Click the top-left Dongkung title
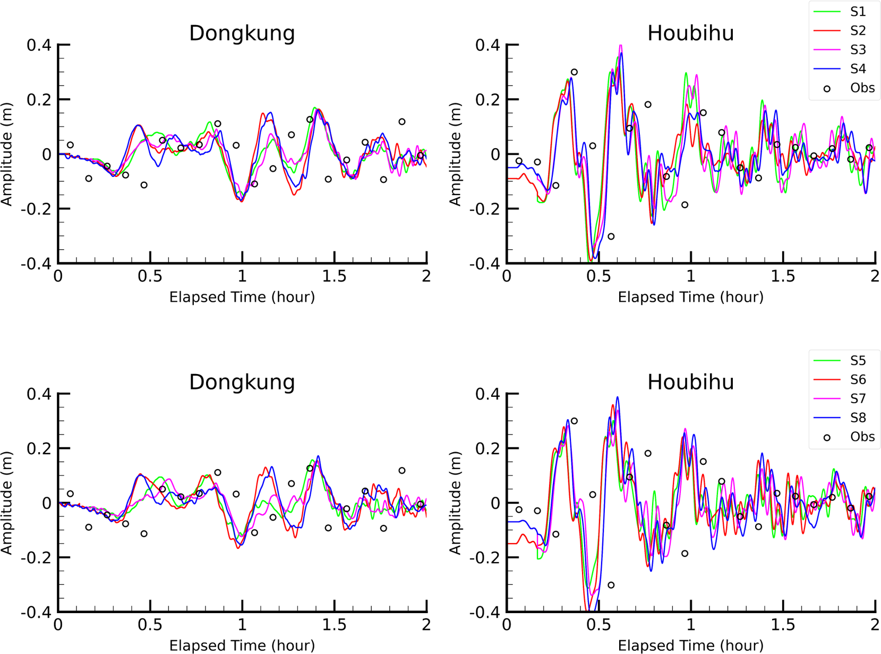click(242, 33)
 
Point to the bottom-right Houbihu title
click(690, 382)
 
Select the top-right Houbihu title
click(690, 33)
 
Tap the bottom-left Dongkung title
click(242, 382)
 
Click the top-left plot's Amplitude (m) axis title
click(7, 154)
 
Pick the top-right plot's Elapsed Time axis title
click(690, 297)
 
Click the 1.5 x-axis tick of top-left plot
click(334, 277)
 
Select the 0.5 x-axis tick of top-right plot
click(598, 277)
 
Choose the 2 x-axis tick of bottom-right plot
click(874, 625)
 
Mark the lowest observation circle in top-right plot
click(611, 236)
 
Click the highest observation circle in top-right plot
click(574, 72)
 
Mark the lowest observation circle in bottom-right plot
click(611, 585)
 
